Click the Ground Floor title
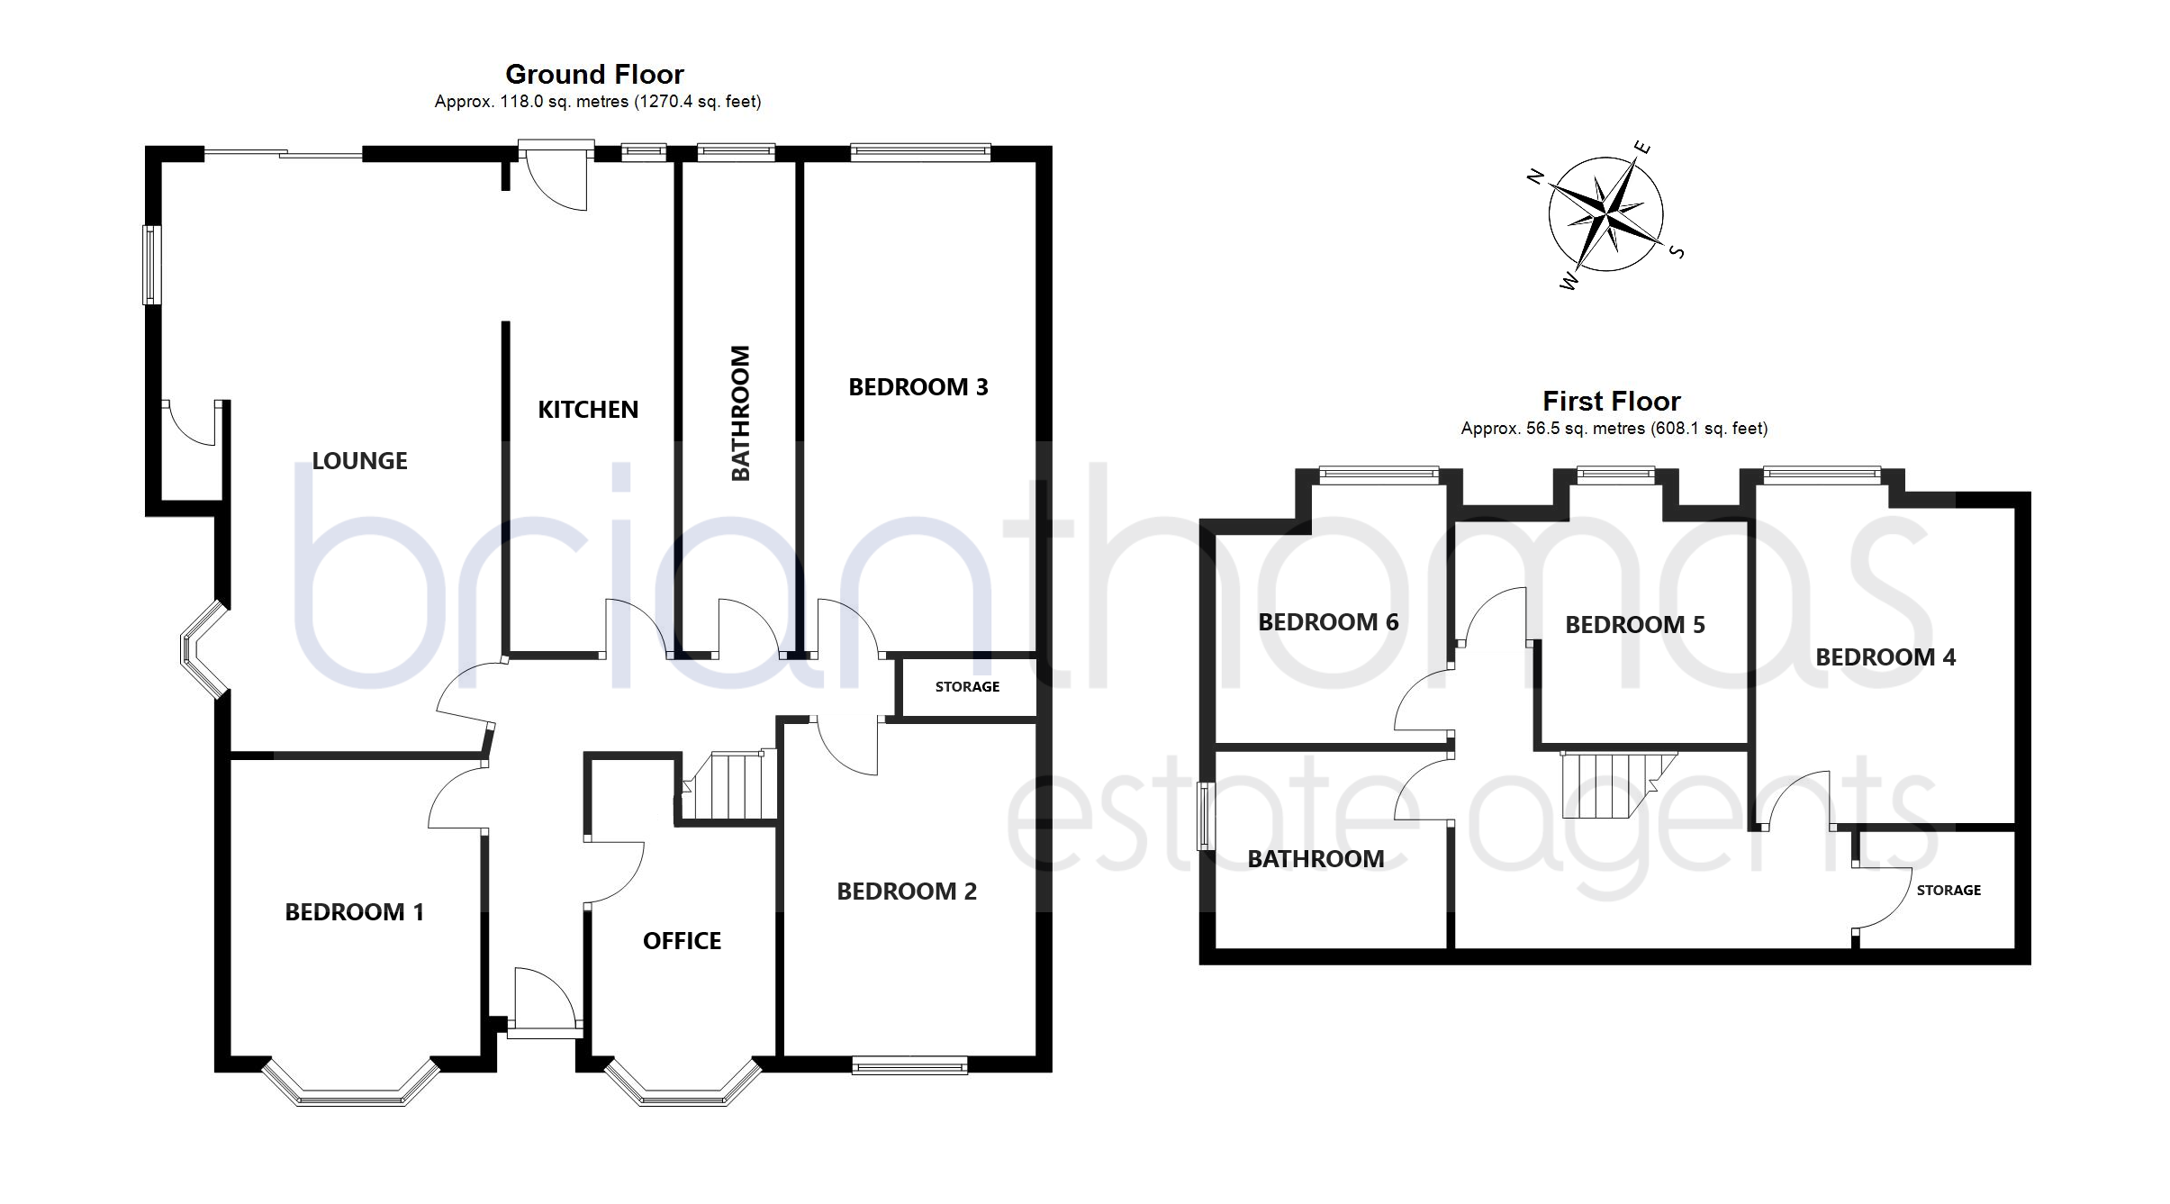[x=594, y=74]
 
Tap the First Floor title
[x=1612, y=401]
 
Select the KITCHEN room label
[x=588, y=410]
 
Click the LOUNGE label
[x=359, y=461]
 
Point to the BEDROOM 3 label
[x=918, y=387]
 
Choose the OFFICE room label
[x=682, y=941]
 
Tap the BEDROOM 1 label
[x=354, y=912]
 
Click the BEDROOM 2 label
[x=907, y=892]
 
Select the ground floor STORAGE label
[x=967, y=687]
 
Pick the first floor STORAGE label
[x=1948, y=891]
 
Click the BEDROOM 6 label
[x=1328, y=622]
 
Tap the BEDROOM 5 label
[x=1635, y=625]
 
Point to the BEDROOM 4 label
[x=1885, y=657]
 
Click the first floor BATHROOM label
[x=1316, y=859]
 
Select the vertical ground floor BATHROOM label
[x=740, y=413]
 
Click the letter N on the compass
[x=1536, y=177]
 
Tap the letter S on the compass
[x=1677, y=252]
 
